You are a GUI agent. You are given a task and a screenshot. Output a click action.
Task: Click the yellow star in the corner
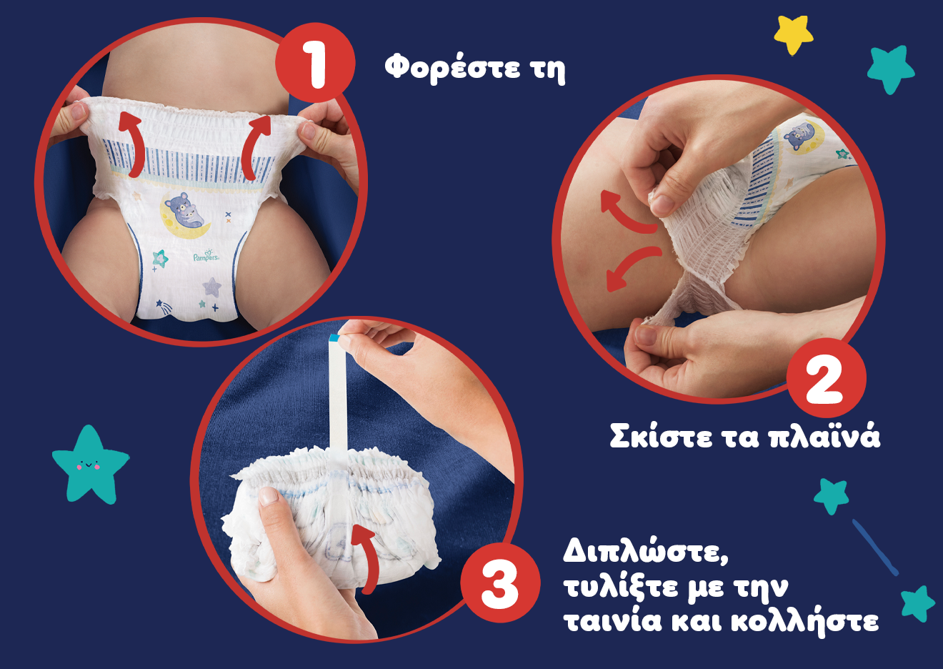tap(794, 33)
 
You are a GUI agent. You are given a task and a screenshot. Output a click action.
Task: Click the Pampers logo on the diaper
tap(206, 255)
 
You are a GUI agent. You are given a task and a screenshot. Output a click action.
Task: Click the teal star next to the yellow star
tap(890, 69)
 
